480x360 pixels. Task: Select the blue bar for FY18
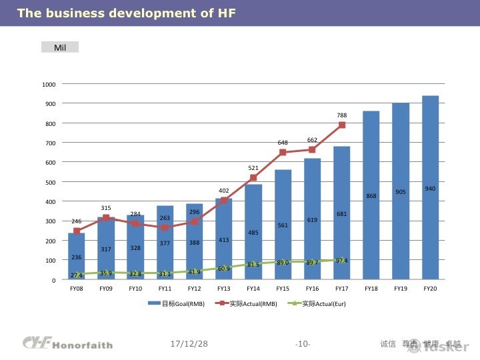pyautogui.click(x=371, y=195)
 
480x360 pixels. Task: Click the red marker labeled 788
pyautogui.click(x=342, y=125)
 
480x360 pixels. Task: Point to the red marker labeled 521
pyautogui.click(x=253, y=178)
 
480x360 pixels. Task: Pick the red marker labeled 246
pyautogui.click(x=77, y=231)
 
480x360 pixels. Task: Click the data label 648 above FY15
pyautogui.click(x=283, y=143)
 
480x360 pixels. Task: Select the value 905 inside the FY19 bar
pyautogui.click(x=401, y=192)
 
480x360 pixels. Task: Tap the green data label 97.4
pyautogui.click(x=342, y=261)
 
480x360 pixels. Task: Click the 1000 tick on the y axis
pyautogui.click(x=49, y=85)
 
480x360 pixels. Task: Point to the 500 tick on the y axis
pyautogui.click(x=50, y=182)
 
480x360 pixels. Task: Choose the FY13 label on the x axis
pyautogui.click(x=223, y=289)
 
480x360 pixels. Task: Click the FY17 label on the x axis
pyautogui.click(x=341, y=289)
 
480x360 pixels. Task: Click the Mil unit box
pyautogui.click(x=60, y=47)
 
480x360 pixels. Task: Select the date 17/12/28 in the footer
pyautogui.click(x=189, y=344)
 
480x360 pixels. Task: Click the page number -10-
pyautogui.click(x=302, y=344)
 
